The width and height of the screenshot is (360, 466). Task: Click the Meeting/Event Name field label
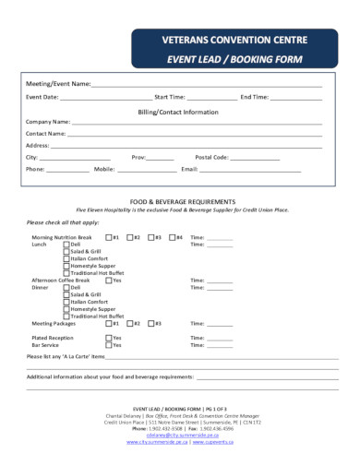tap(56, 84)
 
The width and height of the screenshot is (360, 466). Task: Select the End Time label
tap(254, 96)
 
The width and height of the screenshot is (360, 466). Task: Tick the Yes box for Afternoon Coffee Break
tap(109, 280)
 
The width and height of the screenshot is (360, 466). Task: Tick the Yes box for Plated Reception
tap(109, 337)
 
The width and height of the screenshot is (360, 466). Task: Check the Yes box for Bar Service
tap(109, 344)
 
